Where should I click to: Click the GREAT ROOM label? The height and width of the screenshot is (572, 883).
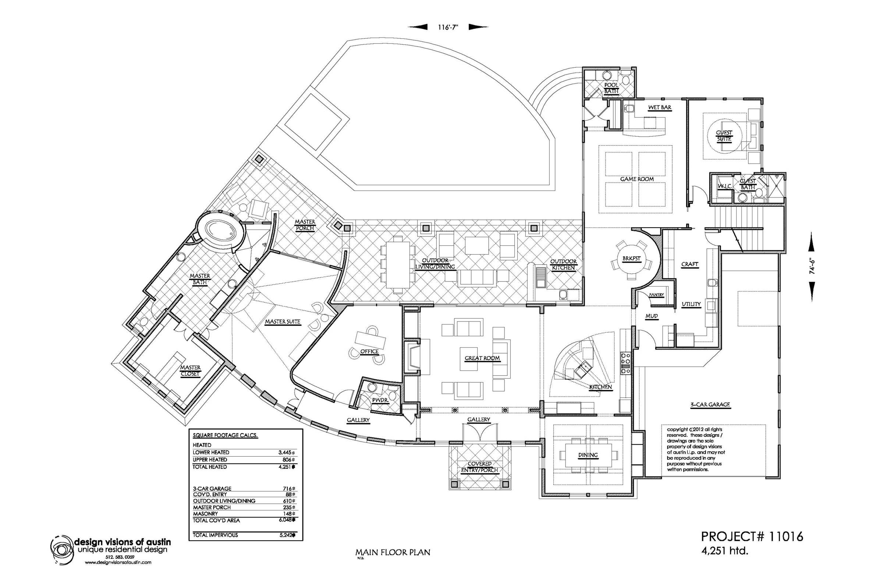pyautogui.click(x=482, y=358)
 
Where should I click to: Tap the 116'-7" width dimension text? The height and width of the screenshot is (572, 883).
pyautogui.click(x=448, y=27)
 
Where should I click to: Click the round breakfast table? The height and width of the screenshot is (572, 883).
pyautogui.click(x=631, y=259)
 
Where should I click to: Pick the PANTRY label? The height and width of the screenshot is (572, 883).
pyautogui.click(x=656, y=295)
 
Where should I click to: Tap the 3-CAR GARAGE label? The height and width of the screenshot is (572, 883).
pyautogui.click(x=710, y=405)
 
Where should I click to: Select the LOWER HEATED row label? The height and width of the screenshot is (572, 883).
pyautogui.click(x=211, y=452)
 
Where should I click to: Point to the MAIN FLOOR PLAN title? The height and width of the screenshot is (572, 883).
pyautogui.click(x=393, y=552)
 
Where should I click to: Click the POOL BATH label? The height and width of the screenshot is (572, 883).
pyautogui.click(x=611, y=88)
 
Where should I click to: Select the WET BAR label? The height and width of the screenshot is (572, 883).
pyautogui.click(x=660, y=108)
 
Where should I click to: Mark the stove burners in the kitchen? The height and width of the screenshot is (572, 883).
pyautogui.click(x=625, y=363)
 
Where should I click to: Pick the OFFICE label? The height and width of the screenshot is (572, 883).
pyautogui.click(x=369, y=351)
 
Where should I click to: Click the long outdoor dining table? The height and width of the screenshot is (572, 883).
pyautogui.click(x=397, y=264)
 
